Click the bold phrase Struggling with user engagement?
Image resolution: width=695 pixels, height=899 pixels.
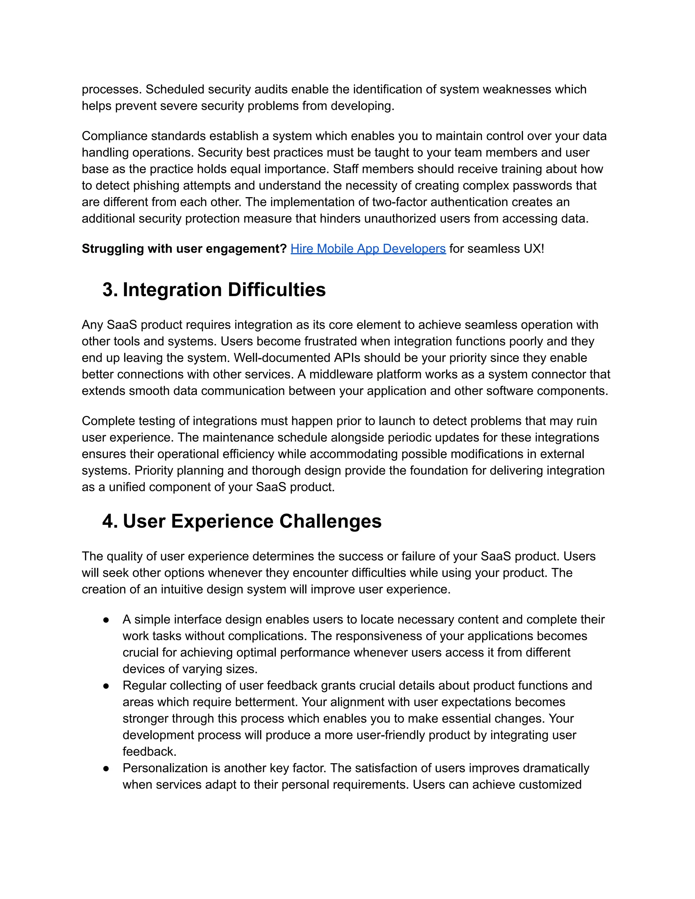click(x=184, y=249)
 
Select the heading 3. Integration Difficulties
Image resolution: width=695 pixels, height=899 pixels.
click(x=214, y=290)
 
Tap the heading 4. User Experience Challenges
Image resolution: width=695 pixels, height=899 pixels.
click(x=242, y=521)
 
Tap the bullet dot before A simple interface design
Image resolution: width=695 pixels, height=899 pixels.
click(x=106, y=620)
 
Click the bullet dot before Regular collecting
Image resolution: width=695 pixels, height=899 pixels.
click(x=106, y=686)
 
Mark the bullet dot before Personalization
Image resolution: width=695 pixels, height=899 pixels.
click(x=106, y=768)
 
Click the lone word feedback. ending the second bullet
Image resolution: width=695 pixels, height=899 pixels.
click(x=149, y=752)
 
